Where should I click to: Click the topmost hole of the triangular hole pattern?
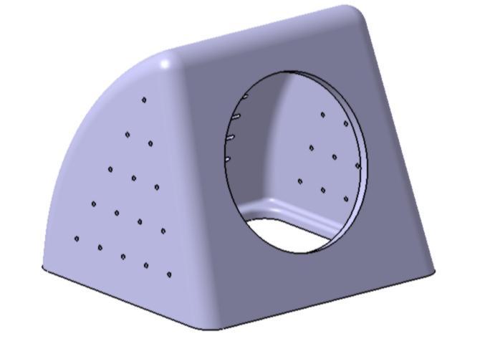(144, 100)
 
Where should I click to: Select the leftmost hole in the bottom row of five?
(77, 239)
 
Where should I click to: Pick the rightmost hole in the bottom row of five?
(169, 274)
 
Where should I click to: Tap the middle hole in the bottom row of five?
(123, 257)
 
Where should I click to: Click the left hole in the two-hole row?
(128, 134)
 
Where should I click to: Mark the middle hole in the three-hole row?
(133, 178)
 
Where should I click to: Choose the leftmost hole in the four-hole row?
(93, 204)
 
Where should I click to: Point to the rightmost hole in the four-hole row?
(163, 231)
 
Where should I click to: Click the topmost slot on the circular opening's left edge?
(244, 95)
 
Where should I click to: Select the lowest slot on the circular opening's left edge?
(227, 159)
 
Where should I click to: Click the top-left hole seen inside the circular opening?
(322, 114)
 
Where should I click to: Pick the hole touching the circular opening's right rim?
(357, 166)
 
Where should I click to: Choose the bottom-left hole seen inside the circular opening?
(299, 181)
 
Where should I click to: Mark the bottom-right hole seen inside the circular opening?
(346, 199)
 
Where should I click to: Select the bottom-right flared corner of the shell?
(431, 271)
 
